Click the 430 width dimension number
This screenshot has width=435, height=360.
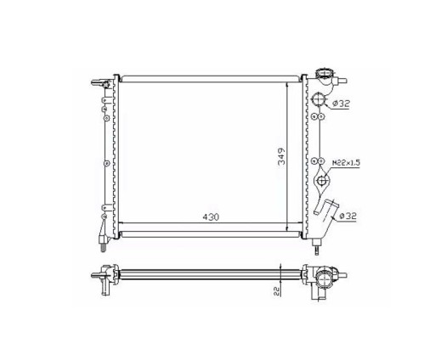tap(211, 217)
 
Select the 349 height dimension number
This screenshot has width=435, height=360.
tap(282, 156)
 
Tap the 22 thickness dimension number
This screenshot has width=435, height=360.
tap(277, 291)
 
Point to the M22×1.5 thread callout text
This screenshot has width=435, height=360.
tap(346, 163)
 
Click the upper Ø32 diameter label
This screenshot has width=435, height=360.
tap(341, 104)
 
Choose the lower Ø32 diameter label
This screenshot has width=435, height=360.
tap(347, 216)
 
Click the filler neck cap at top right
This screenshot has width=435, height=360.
tap(325, 73)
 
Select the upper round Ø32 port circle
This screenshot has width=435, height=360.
tap(319, 99)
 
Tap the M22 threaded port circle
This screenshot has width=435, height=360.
tap(322, 180)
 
